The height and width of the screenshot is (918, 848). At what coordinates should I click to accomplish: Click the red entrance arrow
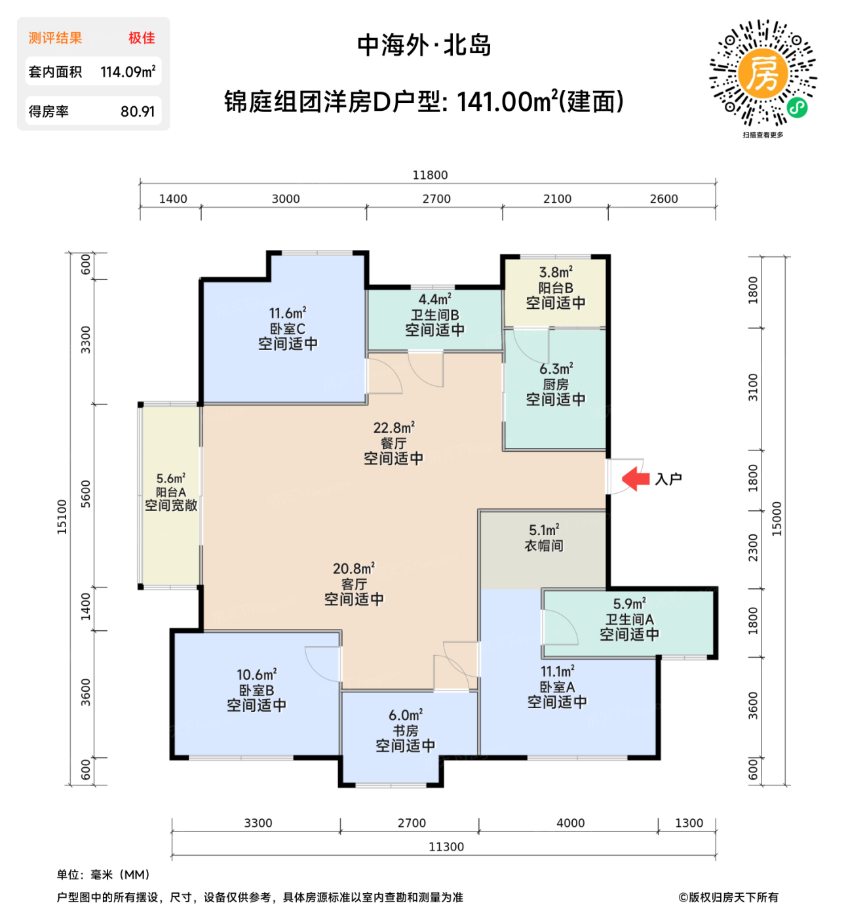coord(635,479)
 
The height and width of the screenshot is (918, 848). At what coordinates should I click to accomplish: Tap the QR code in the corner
coord(763,73)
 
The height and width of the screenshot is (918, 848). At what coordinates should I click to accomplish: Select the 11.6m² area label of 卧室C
coord(288,313)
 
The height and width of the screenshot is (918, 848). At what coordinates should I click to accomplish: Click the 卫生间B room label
coord(434,315)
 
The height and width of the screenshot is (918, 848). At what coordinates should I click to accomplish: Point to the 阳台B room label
coord(556,288)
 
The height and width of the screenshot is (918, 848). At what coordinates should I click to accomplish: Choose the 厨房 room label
coord(556,385)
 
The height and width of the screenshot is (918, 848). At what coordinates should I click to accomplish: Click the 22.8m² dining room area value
coord(394,428)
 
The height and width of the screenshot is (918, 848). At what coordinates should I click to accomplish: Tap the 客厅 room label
coord(354,584)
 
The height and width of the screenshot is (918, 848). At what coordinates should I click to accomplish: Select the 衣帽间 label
coord(544,546)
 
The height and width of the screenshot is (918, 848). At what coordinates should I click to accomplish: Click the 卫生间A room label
coord(629,620)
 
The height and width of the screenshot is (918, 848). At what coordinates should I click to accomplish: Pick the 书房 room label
coord(405,730)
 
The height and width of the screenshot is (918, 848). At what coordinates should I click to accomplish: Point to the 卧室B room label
coord(256,690)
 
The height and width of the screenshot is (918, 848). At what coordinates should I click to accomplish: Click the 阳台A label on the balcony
coord(170,492)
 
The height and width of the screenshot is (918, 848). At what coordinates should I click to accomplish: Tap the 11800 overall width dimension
coord(430,175)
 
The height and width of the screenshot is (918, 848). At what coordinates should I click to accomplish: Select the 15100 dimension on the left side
coord(62,517)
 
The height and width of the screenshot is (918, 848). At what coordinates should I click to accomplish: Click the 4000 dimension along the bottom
coord(570,823)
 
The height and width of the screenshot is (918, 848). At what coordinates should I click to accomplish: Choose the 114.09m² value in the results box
coord(128,72)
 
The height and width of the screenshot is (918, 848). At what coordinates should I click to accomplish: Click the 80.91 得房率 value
coord(138,111)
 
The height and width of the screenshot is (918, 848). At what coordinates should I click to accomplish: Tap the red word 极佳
coord(142,38)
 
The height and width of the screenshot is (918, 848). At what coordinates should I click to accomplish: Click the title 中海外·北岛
coord(424,45)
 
